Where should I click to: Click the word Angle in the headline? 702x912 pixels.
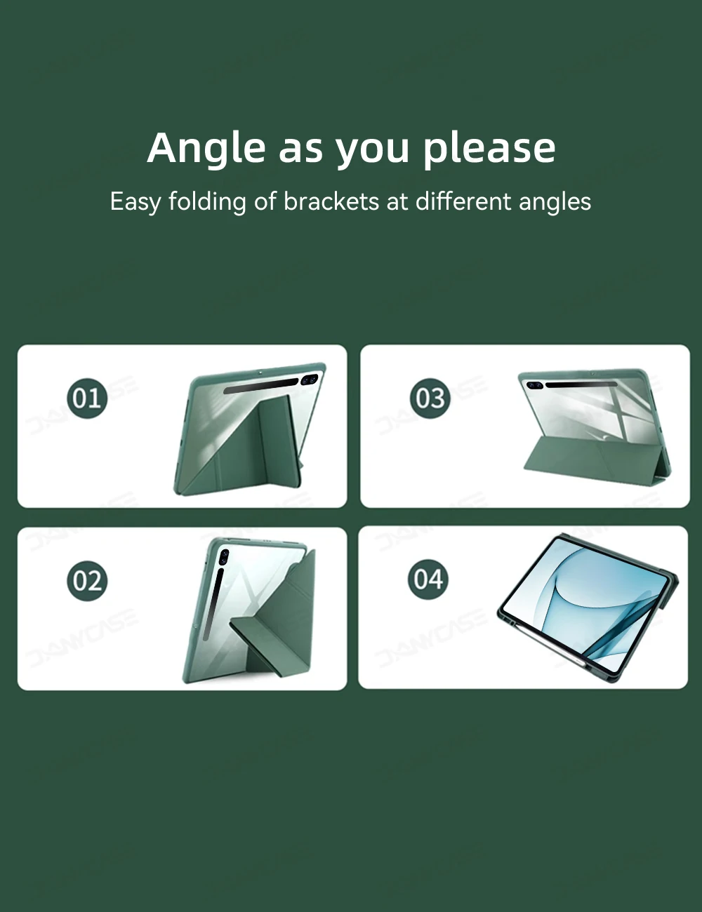point(206,149)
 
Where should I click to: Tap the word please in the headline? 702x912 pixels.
point(489,149)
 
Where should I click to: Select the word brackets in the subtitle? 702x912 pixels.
point(331,201)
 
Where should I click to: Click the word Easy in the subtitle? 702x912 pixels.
point(135,202)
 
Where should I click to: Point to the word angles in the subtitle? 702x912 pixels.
point(555,202)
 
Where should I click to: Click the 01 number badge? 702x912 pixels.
point(87,398)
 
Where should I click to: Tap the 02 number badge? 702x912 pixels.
point(87,581)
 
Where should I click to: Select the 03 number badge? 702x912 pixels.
point(430,398)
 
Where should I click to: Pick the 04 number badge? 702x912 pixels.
point(428,579)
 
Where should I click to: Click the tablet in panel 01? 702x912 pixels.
point(250,429)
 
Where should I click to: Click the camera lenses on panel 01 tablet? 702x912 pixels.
point(310,380)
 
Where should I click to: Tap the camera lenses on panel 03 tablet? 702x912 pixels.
point(534,385)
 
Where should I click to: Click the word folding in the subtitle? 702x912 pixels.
point(207,202)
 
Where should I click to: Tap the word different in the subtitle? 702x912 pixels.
point(463,201)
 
